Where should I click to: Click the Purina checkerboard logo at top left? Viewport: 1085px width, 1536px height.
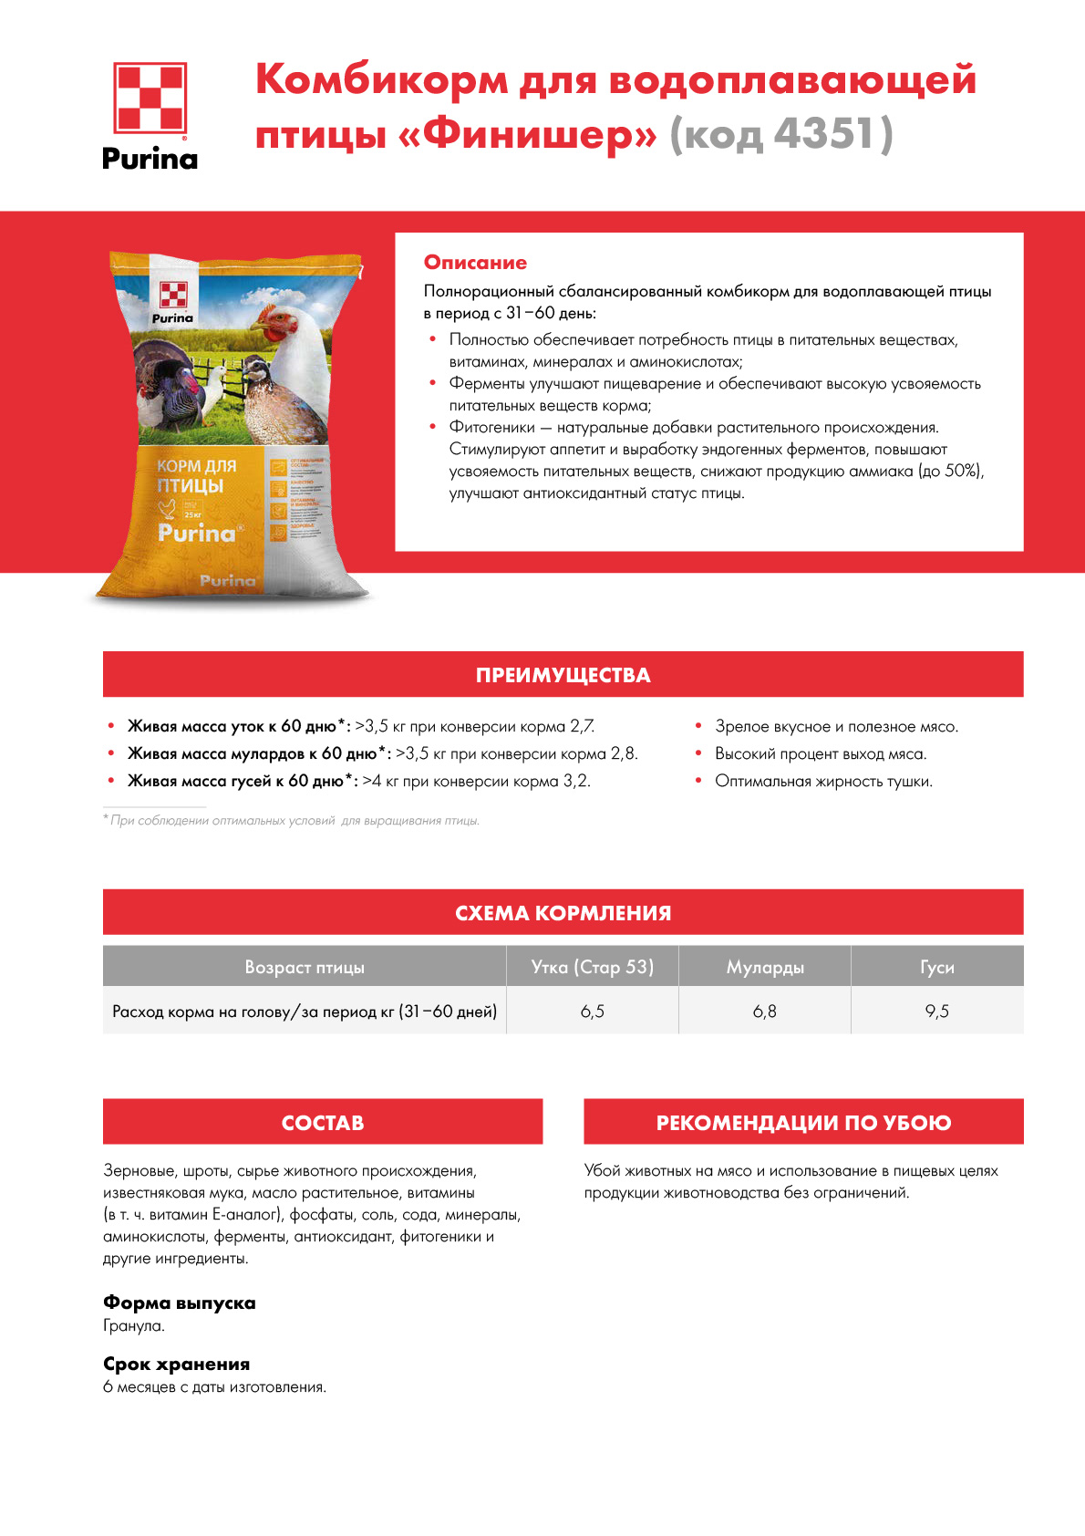point(150,98)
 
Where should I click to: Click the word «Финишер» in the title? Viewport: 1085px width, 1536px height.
point(528,135)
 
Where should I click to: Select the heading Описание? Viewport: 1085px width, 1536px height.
point(475,263)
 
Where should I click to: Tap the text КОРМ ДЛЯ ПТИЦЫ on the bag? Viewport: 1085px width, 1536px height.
point(195,475)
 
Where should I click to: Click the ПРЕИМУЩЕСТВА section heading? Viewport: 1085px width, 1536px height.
point(563,675)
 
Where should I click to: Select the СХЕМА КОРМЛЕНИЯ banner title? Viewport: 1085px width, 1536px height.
point(563,913)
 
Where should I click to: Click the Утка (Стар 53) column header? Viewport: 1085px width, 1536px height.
point(592,967)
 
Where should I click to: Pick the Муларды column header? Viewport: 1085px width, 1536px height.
point(765,967)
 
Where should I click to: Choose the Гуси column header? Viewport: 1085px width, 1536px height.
point(936,967)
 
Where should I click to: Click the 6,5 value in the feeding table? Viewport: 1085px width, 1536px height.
point(592,1012)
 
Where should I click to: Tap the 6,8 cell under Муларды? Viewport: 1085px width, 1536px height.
point(765,1012)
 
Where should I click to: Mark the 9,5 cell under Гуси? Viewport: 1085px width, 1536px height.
point(936,1012)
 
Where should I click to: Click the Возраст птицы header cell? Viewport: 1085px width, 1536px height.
point(305,967)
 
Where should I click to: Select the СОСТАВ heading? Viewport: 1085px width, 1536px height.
point(323,1123)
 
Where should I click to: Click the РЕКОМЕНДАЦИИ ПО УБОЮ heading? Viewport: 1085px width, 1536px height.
point(803,1123)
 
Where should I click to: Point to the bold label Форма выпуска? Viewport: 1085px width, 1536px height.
point(179,1302)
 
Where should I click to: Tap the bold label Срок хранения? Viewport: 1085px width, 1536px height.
point(176,1365)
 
